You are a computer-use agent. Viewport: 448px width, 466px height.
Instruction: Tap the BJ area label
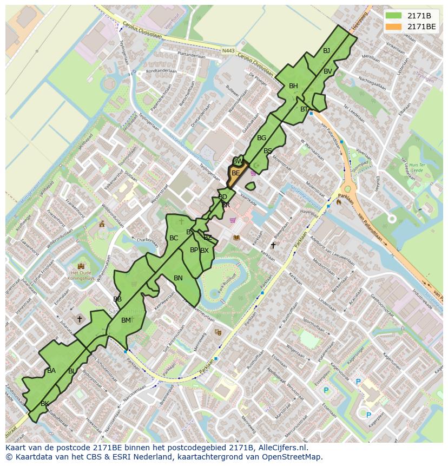[x=326, y=51]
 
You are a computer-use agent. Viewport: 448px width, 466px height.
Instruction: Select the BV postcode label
[x=328, y=71]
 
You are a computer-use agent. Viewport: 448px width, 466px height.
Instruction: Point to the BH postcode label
[x=293, y=86]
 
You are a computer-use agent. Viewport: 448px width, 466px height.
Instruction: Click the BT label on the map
[x=304, y=109]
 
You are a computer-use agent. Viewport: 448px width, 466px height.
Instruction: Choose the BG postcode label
[x=262, y=138]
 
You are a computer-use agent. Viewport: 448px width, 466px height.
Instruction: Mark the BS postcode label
[x=268, y=151]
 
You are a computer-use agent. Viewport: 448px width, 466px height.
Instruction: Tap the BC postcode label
[x=174, y=238]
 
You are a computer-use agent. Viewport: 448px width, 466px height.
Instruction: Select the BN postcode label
[x=178, y=278]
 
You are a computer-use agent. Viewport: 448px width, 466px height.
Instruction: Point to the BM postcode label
[x=126, y=320]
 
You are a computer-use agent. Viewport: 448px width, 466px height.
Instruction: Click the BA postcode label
[x=51, y=371]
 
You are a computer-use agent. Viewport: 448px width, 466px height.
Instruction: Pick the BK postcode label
[x=45, y=404]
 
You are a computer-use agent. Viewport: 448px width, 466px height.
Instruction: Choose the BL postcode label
[x=72, y=371]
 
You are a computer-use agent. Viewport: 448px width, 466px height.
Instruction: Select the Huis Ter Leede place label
[x=416, y=167]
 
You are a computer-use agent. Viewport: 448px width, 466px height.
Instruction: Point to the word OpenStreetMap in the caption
[x=293, y=457]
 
